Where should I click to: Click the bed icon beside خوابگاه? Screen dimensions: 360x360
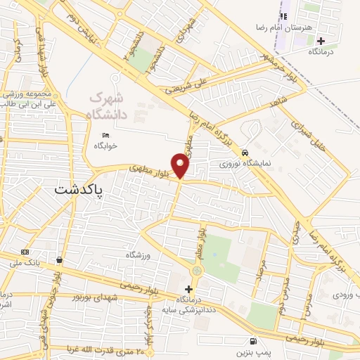point(106,135)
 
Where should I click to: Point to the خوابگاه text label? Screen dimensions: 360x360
point(105,146)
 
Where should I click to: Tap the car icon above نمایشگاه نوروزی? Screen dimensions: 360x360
point(244,152)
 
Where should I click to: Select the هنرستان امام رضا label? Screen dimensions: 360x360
point(284,27)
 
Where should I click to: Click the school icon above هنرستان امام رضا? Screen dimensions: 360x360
point(284,16)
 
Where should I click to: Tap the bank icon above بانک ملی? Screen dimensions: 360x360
point(25,252)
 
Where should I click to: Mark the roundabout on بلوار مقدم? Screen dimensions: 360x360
point(197,271)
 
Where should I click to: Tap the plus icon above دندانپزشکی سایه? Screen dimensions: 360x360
point(188,289)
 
